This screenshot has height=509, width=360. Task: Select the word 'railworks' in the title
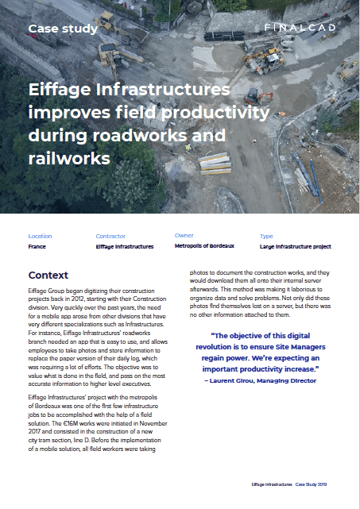coord(68,158)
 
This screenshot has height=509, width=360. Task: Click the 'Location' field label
coord(40,236)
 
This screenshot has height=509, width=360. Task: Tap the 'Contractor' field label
coord(110,236)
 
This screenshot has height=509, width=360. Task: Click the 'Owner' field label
coord(184,235)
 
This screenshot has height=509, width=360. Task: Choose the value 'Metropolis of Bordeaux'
coord(204,246)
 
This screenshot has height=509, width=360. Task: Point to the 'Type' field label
coord(266,236)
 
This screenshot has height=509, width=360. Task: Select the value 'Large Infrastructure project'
coord(295,247)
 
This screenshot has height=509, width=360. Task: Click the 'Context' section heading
coord(48,275)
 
